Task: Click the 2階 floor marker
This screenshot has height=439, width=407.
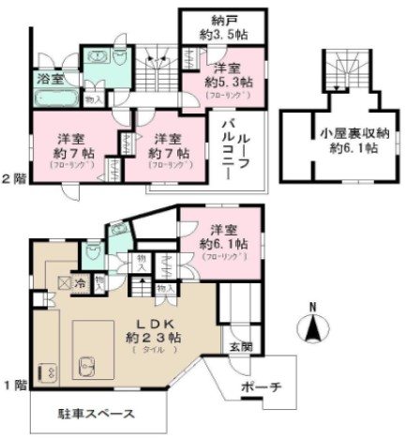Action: click(10, 176)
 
